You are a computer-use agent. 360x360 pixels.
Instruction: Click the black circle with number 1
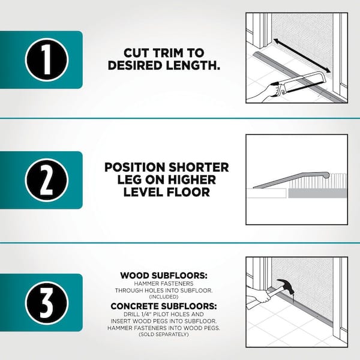point(47,59)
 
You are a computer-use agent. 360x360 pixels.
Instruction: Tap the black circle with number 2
point(47,180)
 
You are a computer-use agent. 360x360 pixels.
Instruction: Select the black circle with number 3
point(47,302)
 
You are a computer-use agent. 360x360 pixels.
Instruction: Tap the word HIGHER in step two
point(192,179)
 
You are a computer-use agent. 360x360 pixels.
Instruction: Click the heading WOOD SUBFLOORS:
point(164,275)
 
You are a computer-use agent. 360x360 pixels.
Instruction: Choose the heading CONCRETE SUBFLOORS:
point(164,306)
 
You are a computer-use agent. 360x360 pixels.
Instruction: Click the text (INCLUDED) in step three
point(164,297)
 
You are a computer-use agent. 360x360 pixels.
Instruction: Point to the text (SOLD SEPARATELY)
point(164,334)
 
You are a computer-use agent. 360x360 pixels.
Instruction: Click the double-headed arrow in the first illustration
point(302,56)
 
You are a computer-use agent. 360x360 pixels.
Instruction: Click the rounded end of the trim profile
point(326,176)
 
